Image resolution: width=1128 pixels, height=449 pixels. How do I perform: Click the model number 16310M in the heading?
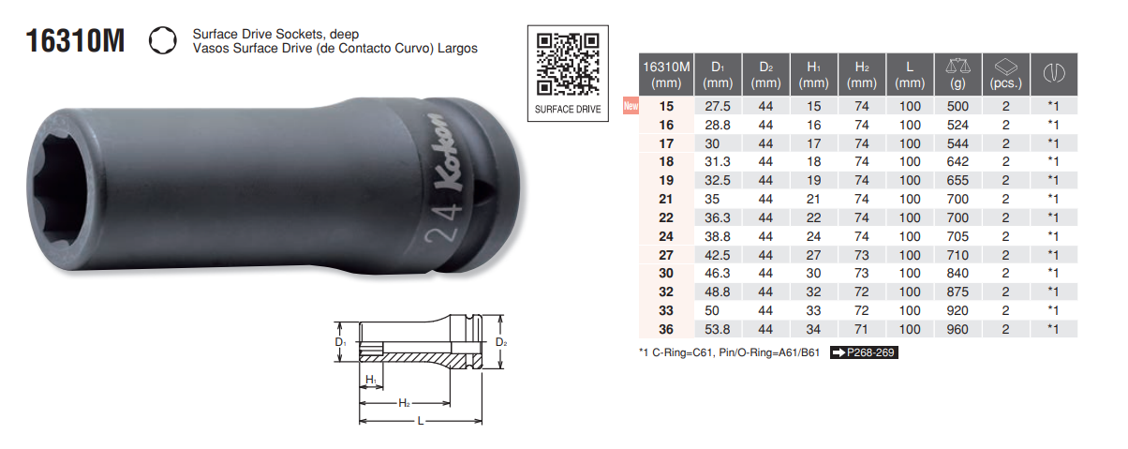pyautogui.click(x=75, y=41)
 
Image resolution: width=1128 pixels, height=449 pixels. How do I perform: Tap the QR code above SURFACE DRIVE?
pyautogui.click(x=568, y=64)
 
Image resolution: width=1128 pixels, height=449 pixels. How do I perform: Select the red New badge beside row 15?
pyautogui.click(x=631, y=105)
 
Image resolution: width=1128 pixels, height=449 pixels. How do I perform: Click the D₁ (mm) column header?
pyautogui.click(x=717, y=75)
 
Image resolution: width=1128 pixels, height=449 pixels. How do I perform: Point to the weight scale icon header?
pyautogui.click(x=957, y=67)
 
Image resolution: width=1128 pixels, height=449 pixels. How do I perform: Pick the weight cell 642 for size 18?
pyautogui.click(x=957, y=162)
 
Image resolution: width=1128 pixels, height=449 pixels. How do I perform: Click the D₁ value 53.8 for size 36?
pyautogui.click(x=717, y=329)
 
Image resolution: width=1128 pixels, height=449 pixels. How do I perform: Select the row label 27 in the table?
pyautogui.click(x=666, y=255)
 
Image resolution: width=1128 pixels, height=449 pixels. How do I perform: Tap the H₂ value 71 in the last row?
pyautogui.click(x=861, y=329)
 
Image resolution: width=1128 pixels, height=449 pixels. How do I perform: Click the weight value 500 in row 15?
pyautogui.click(x=957, y=106)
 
